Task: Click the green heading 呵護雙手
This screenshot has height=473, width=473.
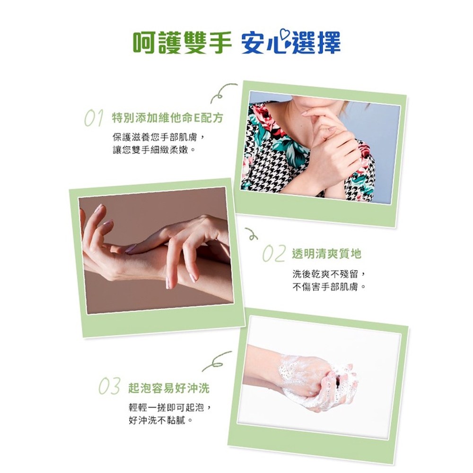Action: [x=182, y=43]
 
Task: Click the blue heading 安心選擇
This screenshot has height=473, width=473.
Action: [x=291, y=43]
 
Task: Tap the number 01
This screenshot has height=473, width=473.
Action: [x=94, y=118]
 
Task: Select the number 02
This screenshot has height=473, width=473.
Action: [x=274, y=254]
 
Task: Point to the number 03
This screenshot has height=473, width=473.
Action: [x=110, y=386]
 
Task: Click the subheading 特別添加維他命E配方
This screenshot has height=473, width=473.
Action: [x=167, y=118]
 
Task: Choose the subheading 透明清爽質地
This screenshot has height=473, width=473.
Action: [x=327, y=254]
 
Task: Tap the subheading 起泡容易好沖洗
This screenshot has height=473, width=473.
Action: [x=169, y=388]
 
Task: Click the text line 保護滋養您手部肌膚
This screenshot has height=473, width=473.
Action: [x=159, y=137]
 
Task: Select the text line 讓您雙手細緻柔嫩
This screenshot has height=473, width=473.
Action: [x=154, y=149]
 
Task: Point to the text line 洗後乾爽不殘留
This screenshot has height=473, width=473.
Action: [x=329, y=274]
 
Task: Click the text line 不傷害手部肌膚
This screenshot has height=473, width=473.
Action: [x=329, y=286]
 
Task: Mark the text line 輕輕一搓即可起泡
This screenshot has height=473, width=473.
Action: [x=170, y=408]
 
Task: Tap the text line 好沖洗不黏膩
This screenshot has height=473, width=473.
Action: [x=161, y=420]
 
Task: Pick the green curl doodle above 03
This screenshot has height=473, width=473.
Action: [x=217, y=361]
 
